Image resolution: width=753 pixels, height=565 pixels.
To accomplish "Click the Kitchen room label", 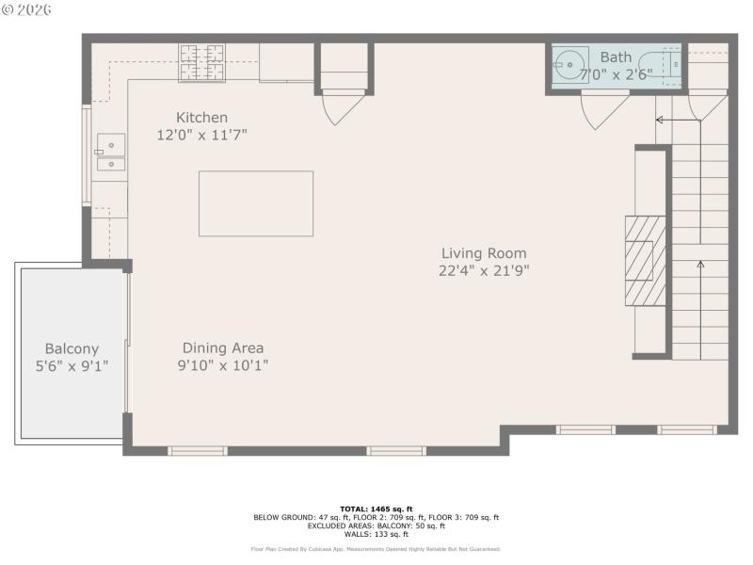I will coord(201,118).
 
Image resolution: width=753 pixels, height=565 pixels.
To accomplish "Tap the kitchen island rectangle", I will coord(255,203).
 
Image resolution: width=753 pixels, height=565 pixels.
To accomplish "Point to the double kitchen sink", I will coord(110,153).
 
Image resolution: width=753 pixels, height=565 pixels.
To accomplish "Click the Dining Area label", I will coord(223,347).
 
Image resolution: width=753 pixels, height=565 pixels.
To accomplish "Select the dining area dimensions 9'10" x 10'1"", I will coord(223,365).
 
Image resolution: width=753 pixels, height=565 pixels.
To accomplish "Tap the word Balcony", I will coord(72,348).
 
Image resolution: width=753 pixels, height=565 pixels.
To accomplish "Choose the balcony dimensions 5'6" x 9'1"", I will coord(72,365).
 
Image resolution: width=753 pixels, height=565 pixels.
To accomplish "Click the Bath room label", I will coord(617,57).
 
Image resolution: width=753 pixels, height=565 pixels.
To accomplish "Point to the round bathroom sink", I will coord(570,65).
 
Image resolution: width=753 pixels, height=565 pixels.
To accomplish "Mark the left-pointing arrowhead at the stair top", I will coord(660,120).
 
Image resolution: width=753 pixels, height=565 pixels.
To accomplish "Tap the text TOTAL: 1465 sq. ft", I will coord(376,508).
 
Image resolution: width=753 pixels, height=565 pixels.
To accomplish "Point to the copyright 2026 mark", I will coord(27,9).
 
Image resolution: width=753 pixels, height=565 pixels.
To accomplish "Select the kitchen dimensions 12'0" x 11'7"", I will coord(201,135).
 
